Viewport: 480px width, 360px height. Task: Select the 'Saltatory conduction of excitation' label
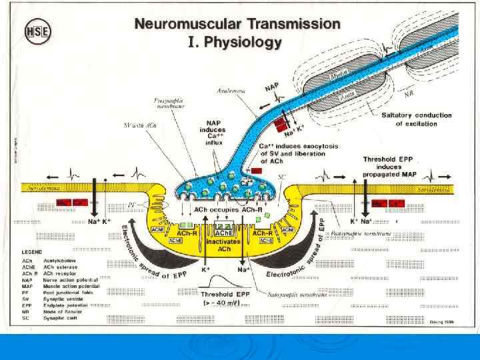(x=416, y=119)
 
